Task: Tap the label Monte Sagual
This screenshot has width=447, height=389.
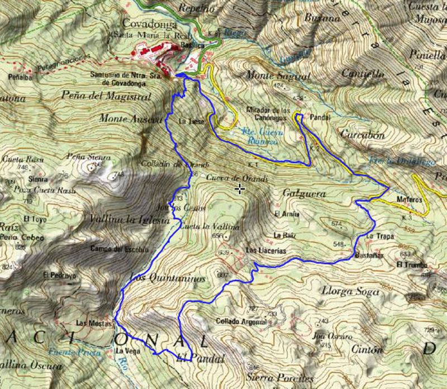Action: tap(270, 75)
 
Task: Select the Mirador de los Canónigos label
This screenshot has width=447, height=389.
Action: tap(268, 113)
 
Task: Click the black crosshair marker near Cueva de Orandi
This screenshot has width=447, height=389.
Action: tap(240, 189)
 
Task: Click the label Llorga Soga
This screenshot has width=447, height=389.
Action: tap(347, 290)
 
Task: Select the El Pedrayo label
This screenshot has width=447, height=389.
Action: tap(55, 275)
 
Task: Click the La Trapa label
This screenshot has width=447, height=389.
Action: tap(380, 236)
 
